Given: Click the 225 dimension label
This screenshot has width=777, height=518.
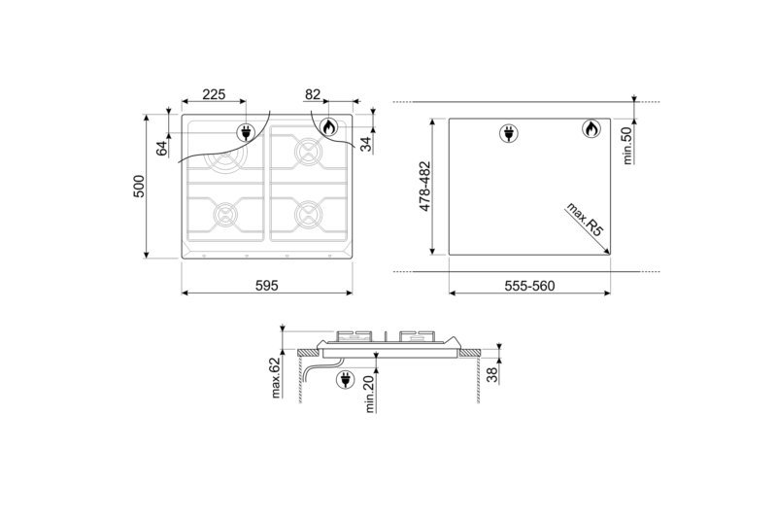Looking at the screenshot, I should pos(214,94).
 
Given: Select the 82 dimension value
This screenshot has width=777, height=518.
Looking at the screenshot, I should pos(313,94).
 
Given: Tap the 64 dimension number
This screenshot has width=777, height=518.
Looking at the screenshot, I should pos(162,147).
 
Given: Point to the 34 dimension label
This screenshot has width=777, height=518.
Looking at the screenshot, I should pos(365,143).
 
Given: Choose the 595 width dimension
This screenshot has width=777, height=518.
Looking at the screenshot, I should pos(267,286).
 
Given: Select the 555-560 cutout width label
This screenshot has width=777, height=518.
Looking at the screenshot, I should pos(530,286).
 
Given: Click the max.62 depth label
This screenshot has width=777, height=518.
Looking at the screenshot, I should pos(276,378).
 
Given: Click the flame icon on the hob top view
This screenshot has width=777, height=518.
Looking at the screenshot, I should pos(328,127).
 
